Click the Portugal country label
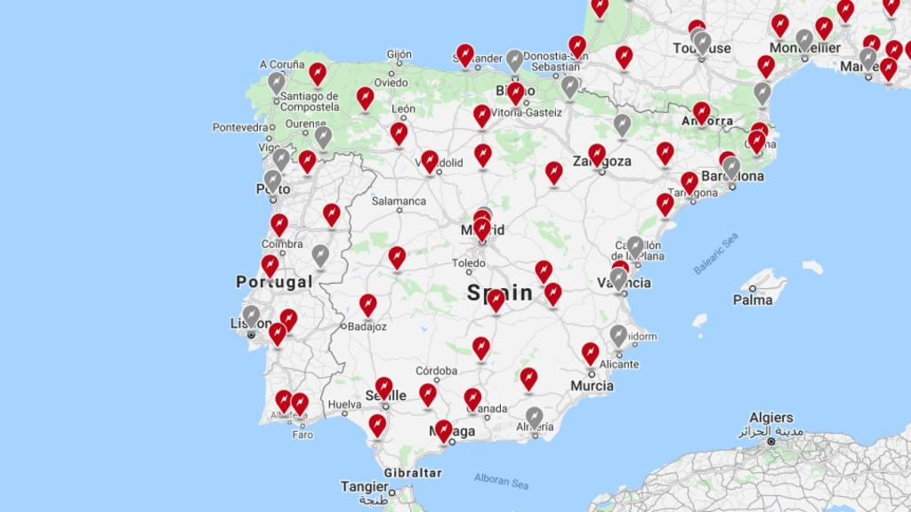(274, 282)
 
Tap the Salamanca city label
(399, 201)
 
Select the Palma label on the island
(753, 300)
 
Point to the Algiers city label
(770, 418)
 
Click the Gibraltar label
(412, 473)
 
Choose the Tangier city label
(364, 486)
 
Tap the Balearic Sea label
(716, 253)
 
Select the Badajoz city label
(367, 326)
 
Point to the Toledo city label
(469, 263)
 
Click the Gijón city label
(399, 54)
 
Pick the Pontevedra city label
(240, 127)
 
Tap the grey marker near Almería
(534, 416)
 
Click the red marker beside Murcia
(590, 353)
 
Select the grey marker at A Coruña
(277, 82)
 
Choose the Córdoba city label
(436, 371)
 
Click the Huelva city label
(344, 404)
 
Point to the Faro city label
(302, 435)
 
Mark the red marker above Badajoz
(367, 304)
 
